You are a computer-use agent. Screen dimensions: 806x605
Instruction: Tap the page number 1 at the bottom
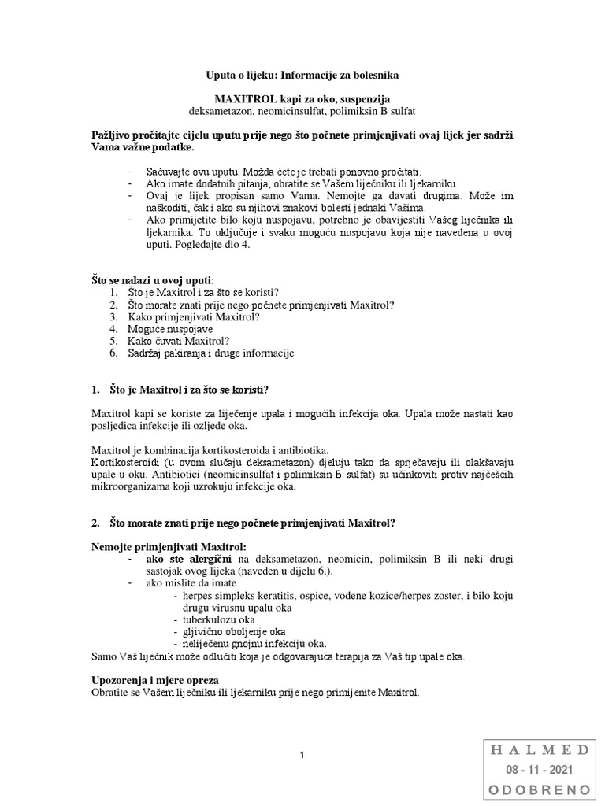coord(302,756)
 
